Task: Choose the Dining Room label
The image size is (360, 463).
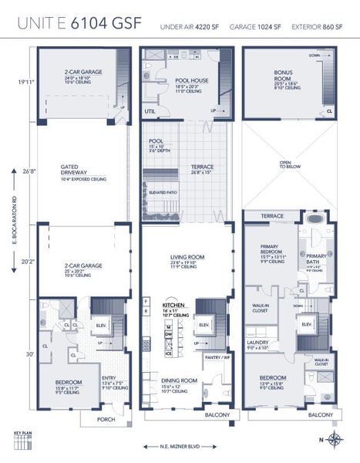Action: (179, 380)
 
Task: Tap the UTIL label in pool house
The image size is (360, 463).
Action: (150, 111)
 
